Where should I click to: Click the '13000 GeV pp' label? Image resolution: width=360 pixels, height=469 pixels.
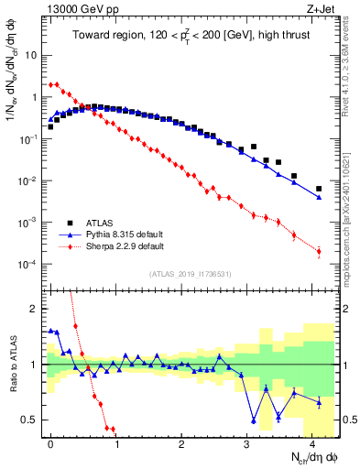coord(78,8)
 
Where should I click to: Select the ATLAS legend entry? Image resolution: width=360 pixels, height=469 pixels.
coord(101,223)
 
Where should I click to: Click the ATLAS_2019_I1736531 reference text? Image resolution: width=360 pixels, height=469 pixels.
coord(189,273)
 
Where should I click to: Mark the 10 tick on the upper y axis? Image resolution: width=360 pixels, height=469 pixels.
coord(30,54)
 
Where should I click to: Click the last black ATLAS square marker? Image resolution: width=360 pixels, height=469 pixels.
coord(319,189)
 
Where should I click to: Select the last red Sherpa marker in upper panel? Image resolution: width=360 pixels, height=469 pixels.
coord(319,251)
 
